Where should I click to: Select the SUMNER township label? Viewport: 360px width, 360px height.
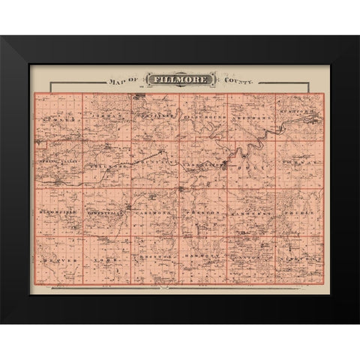pyautogui.click(x=57, y=118)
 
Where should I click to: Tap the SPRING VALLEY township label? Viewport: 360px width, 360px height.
pyautogui.click(x=58, y=162)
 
